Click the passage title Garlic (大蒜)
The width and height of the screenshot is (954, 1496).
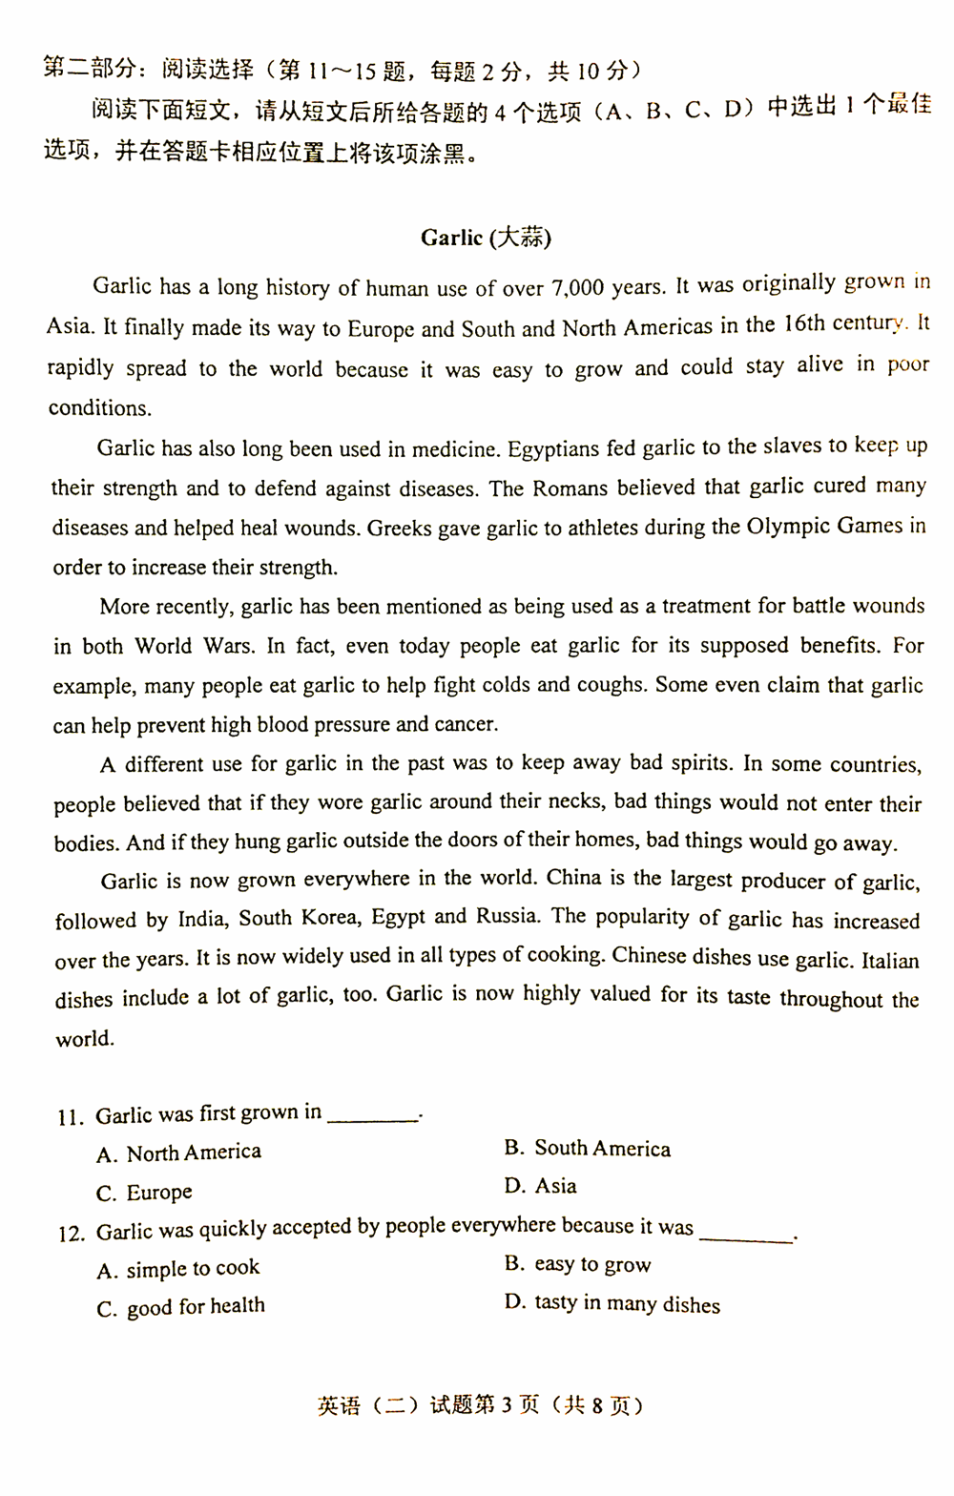[486, 238]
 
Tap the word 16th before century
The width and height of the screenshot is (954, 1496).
[803, 324]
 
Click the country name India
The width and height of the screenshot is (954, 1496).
[201, 920]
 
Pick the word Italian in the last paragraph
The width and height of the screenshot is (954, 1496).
[890, 960]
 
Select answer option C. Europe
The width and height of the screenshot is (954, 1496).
[145, 1193]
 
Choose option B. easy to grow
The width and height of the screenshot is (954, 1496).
[578, 1265]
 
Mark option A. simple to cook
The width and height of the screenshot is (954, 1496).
[178, 1269]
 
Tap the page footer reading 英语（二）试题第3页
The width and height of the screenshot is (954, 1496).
[428, 1405]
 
